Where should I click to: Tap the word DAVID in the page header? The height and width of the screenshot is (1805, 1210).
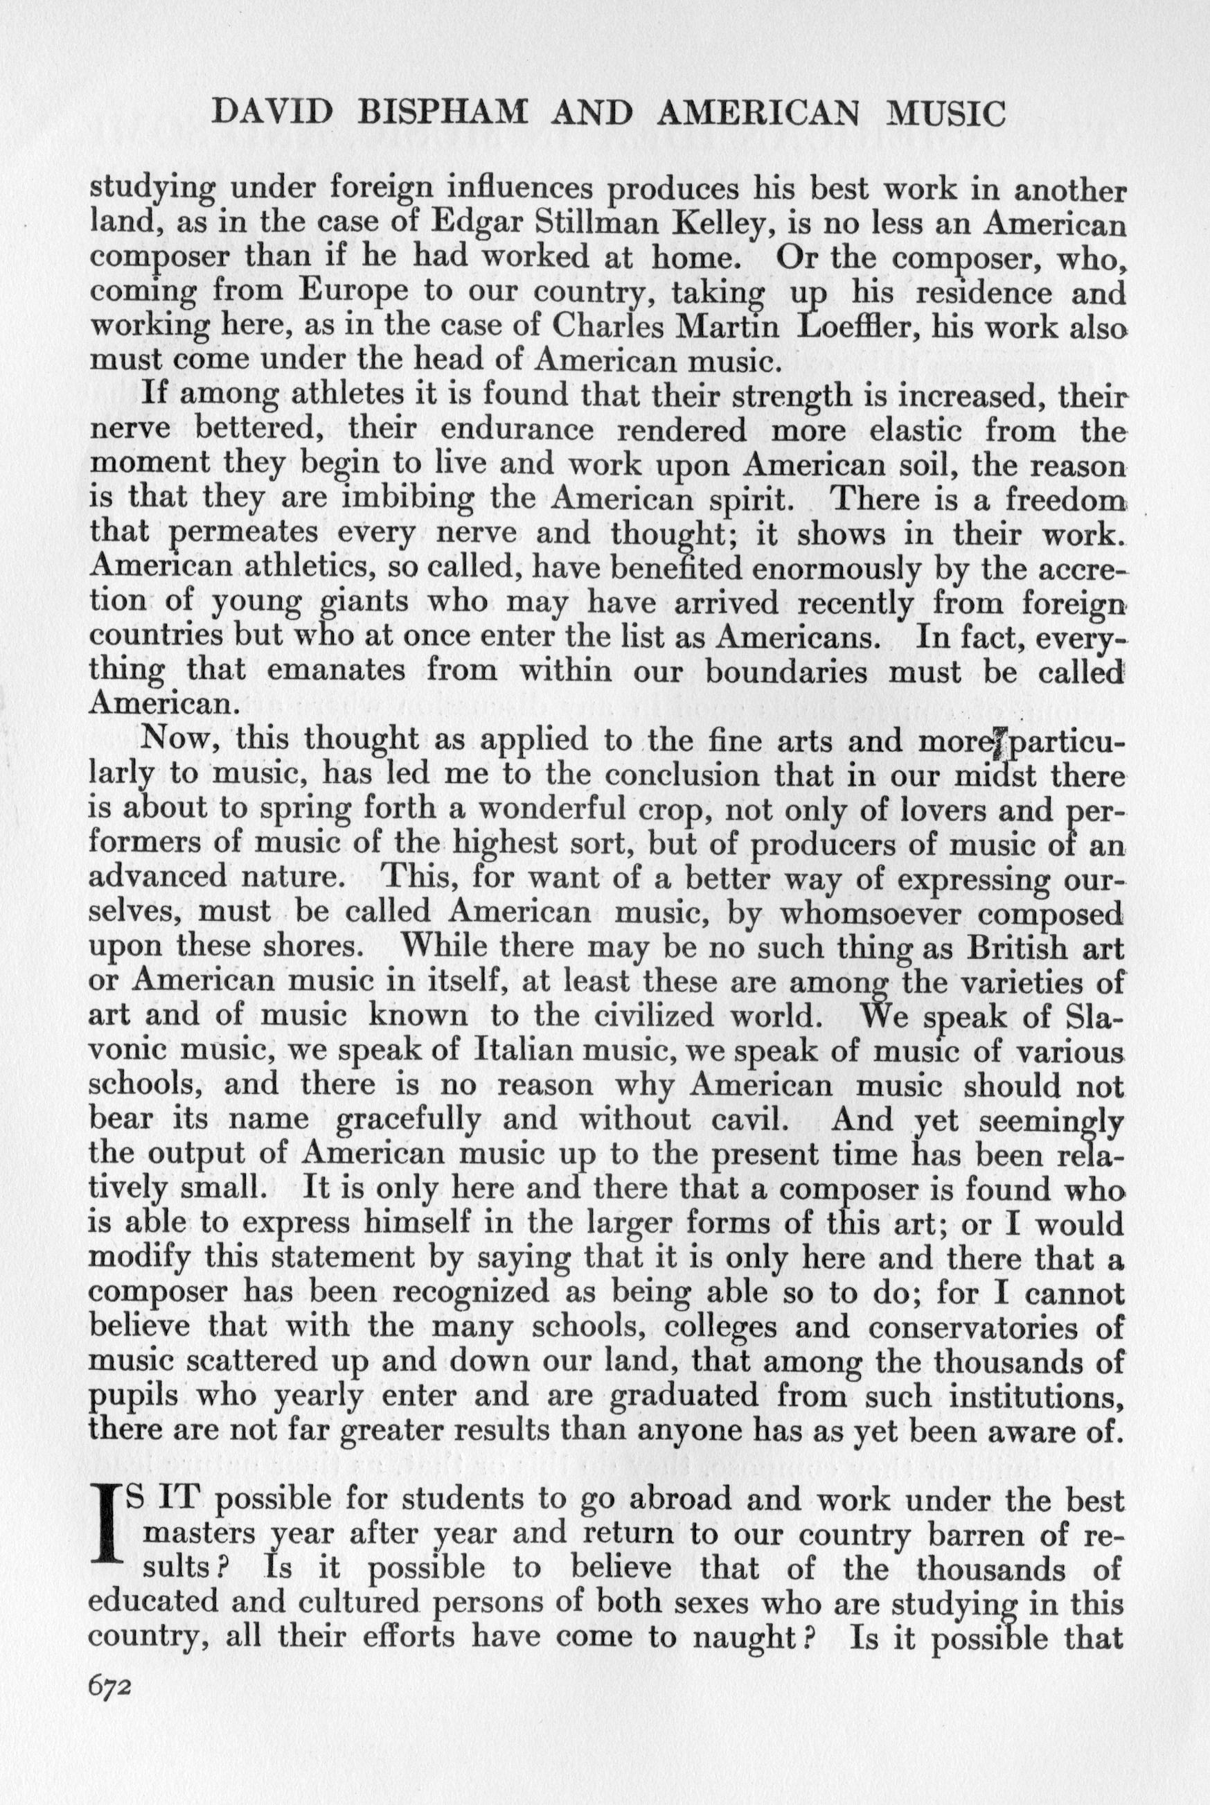click(263, 114)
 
